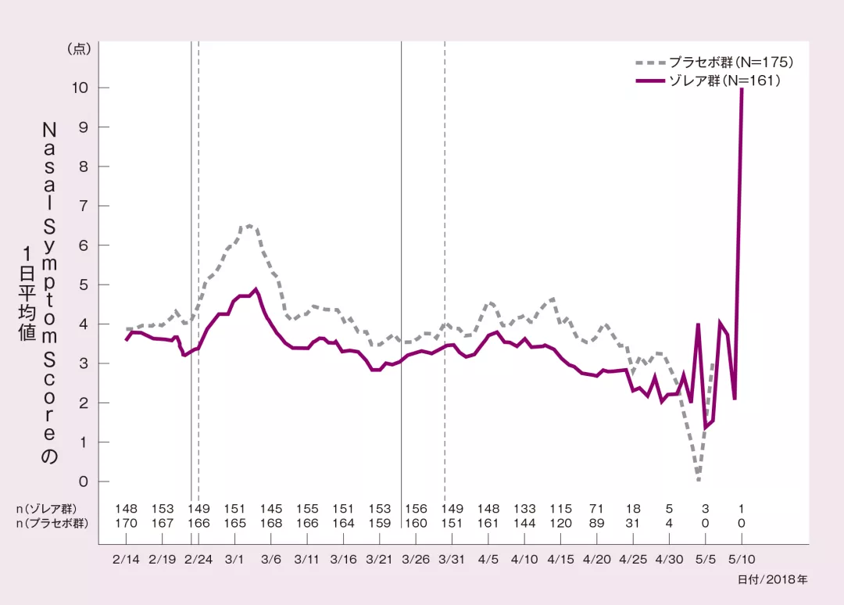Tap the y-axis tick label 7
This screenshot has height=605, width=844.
coord(83,206)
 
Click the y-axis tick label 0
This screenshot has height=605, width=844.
coord(83,481)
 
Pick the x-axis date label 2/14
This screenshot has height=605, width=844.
coord(126,560)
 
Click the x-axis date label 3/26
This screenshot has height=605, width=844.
coord(416,560)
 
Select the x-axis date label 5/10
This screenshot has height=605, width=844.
coord(741,560)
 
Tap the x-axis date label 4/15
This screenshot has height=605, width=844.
coord(560,560)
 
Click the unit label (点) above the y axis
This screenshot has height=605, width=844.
coord(80,48)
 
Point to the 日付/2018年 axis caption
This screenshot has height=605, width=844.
coord(772,579)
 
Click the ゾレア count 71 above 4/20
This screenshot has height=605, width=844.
coord(597,509)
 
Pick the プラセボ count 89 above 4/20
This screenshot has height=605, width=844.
coord(597,523)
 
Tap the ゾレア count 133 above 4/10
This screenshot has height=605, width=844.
coord(524,509)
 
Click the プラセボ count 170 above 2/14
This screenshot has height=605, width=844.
coord(126,523)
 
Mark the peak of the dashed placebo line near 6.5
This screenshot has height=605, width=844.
coord(249,225)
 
